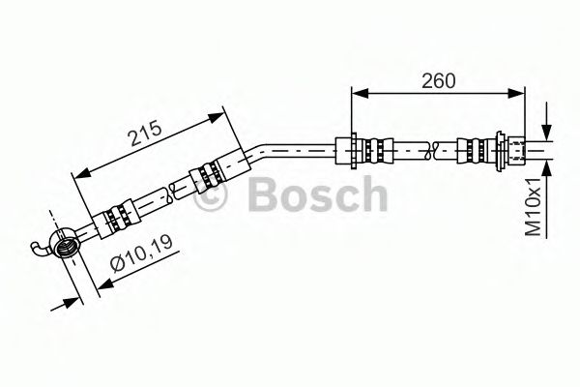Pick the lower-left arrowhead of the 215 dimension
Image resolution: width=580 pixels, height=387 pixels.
pos(80,175)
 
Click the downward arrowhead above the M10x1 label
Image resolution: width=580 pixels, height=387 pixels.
pos(547,133)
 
